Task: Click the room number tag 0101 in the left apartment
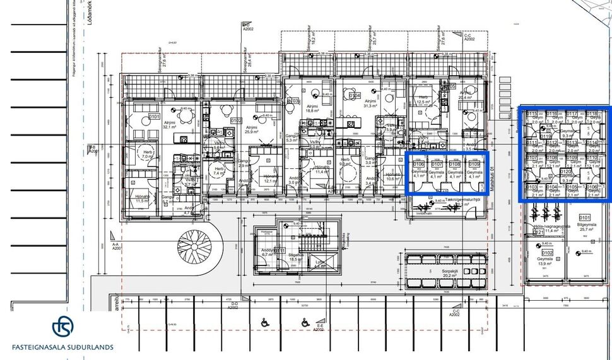coord(154,117)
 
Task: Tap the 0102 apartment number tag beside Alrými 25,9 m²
coord(237,120)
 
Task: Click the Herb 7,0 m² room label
coord(148,155)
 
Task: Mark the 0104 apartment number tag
coord(355,96)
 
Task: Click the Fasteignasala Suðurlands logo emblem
coord(62,327)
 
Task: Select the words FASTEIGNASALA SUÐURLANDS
coord(62,347)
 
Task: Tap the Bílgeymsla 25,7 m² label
coord(583,228)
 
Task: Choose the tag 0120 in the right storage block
coord(565,172)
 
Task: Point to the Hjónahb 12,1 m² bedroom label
coord(269,179)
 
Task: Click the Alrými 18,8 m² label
coord(314,110)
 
